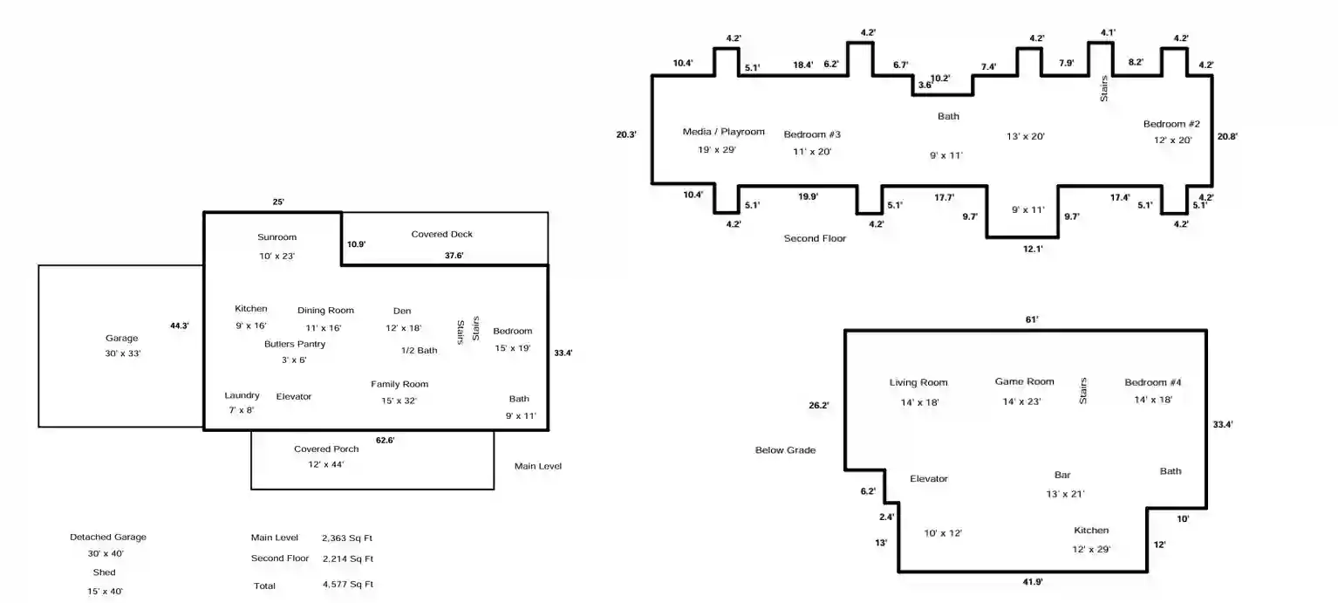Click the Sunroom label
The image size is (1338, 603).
tap(276, 237)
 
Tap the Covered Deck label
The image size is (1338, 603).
tap(441, 234)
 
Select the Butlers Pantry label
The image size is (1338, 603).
tap(295, 344)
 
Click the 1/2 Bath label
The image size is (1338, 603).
tap(419, 351)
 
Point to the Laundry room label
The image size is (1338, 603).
tap(242, 395)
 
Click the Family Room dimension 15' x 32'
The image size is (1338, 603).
tap(399, 401)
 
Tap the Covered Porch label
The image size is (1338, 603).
tap(326, 449)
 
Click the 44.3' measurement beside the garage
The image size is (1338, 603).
tap(179, 325)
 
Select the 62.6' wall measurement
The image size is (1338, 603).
tap(386, 441)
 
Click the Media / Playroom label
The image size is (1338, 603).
tap(723, 132)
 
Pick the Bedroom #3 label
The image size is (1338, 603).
tap(812, 134)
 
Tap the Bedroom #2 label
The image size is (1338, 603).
tap(1171, 124)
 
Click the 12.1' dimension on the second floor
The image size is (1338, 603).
tap(1033, 250)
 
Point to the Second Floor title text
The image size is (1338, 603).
tap(815, 238)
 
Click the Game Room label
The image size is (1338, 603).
tap(1024, 381)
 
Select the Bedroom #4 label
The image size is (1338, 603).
tap(1153, 382)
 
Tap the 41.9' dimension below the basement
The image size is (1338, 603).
tap(1033, 582)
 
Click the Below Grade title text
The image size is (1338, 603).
tap(785, 450)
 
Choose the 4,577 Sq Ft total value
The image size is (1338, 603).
tap(348, 585)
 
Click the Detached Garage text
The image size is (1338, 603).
tap(108, 538)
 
